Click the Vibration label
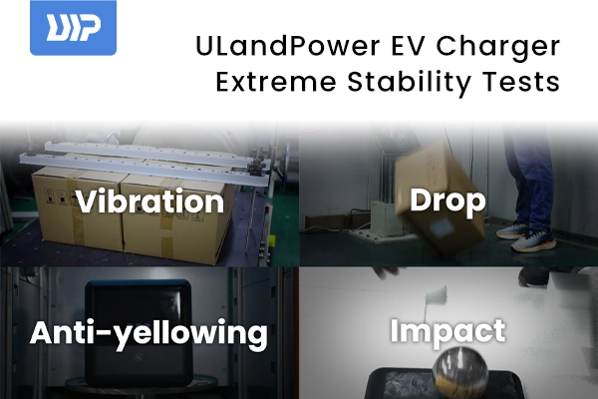coord(150,202)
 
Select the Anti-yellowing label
coord(149,333)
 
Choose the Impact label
coord(448,331)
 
